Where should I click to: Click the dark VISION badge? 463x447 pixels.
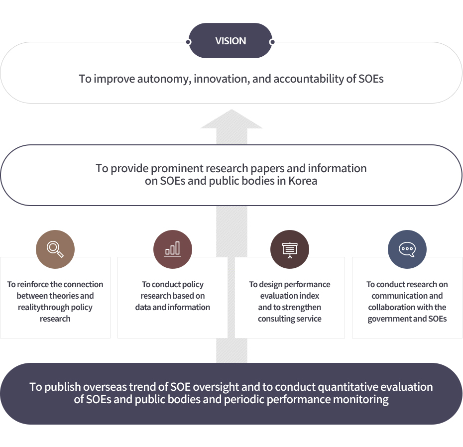point(231,41)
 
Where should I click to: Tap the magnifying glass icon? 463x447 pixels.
point(55,249)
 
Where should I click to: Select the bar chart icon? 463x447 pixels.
point(172,249)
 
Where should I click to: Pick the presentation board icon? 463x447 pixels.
point(289,249)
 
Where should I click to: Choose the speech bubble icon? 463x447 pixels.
point(407,249)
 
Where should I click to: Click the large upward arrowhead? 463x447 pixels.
point(231,119)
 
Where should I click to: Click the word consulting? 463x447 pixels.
point(276,319)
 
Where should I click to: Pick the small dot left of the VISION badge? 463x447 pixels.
point(189,42)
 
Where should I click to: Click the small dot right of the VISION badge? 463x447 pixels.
point(272,42)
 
